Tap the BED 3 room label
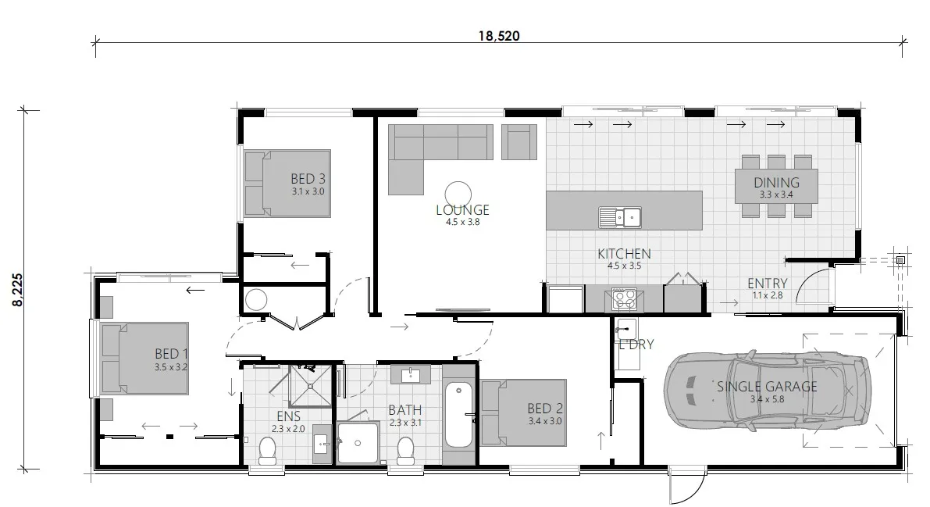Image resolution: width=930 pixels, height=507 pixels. (308, 178)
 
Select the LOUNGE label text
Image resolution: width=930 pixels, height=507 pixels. (462, 209)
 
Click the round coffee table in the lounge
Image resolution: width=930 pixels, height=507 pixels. (458, 192)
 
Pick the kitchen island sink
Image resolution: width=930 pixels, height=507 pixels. (620, 216)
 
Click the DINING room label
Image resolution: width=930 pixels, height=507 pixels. (776, 183)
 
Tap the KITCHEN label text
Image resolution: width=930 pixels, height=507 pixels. (624, 254)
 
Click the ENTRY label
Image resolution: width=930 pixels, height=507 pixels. (767, 283)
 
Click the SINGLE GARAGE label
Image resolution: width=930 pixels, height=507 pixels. (767, 386)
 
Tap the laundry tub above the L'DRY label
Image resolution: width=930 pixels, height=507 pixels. (625, 328)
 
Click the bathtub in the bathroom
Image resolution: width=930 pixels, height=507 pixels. (458, 416)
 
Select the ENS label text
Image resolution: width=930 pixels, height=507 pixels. (288, 417)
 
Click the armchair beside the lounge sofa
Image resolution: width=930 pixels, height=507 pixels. (519, 141)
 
